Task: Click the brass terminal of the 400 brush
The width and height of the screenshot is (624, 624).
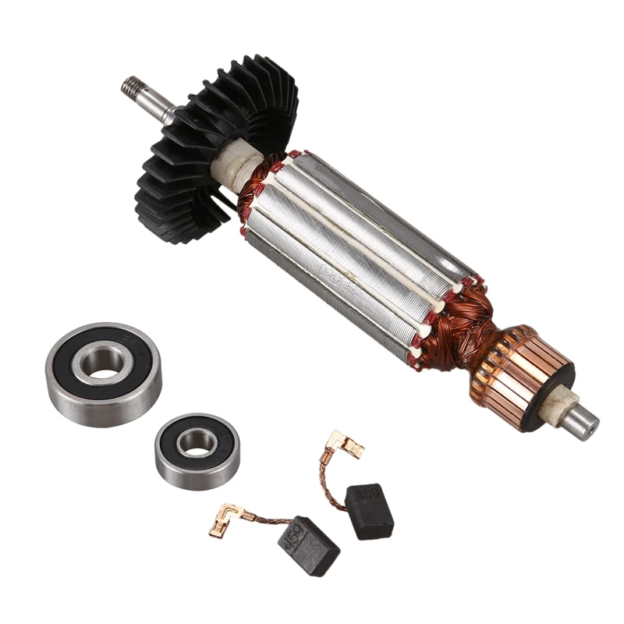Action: pos(346,446)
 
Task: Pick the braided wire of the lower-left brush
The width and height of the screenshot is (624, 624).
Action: pos(265,519)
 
